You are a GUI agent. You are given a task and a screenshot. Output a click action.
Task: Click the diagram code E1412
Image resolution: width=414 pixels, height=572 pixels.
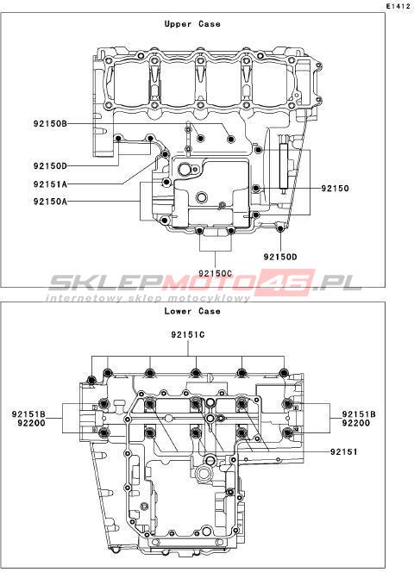coord(399,6)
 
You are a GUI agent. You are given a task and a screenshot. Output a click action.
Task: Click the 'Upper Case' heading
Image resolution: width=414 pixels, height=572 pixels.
coord(192,24)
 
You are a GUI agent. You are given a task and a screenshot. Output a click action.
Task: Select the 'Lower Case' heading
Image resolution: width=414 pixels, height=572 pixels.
coord(192,311)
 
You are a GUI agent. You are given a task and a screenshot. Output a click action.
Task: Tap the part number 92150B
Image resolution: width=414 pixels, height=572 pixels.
coord(50,124)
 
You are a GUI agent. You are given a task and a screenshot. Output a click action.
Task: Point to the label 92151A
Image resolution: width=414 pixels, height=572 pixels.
coord(50,184)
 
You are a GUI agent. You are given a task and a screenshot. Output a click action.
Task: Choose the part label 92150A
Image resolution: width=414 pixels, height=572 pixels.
coord(50,201)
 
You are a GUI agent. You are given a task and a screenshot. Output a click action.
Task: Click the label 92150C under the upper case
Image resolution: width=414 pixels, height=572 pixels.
coord(216,273)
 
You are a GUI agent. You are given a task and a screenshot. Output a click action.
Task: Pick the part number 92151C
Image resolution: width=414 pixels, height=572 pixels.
coord(188,334)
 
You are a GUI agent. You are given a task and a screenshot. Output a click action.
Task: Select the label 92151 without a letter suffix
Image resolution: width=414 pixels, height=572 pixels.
coord(344,451)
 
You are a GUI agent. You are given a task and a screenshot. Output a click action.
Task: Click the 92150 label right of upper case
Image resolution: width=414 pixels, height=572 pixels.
coord(335,189)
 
